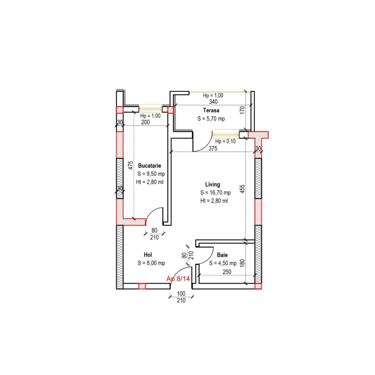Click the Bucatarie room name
click(150, 165)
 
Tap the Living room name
click(212, 185)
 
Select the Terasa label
click(211, 110)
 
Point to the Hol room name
click(148, 255)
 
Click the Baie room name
click(222, 255)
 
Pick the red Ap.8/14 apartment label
click(178, 279)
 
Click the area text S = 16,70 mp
click(215, 192)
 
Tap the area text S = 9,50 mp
click(151, 174)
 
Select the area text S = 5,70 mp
click(211, 119)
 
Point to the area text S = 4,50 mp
click(223, 263)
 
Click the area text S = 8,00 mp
click(151, 263)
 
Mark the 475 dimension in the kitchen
click(131, 165)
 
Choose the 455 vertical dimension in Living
click(242, 189)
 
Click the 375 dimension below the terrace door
click(213, 149)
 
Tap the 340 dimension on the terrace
click(213, 102)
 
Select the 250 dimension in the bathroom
click(227, 272)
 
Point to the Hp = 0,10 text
click(225, 141)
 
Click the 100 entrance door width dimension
click(181, 293)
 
